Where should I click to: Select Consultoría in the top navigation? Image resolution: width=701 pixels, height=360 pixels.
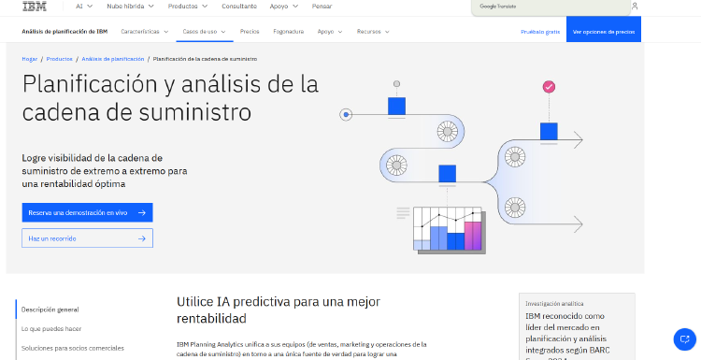pos(239,6)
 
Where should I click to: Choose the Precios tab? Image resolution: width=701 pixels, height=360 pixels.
pos(250,31)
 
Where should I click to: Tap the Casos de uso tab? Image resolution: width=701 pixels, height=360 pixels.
pos(203,31)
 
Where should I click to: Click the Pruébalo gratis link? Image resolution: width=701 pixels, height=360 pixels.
pos(540,31)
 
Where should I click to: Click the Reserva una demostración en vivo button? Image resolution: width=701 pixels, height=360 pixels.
pos(87,212)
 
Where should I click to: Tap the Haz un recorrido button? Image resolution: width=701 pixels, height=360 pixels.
pos(87,238)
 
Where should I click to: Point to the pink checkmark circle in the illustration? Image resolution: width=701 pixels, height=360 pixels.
pos(549,87)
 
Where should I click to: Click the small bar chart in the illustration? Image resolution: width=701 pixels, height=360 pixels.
pos(448,229)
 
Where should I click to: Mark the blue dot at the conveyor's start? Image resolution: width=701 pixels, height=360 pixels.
pos(347,115)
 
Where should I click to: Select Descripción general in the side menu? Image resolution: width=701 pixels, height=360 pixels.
pos(50,309)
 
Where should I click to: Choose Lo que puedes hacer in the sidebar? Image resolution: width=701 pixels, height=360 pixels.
pos(51,328)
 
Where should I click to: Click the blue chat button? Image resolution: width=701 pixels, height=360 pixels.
pos(684,338)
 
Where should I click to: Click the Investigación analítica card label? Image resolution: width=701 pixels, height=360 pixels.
pos(554,303)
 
